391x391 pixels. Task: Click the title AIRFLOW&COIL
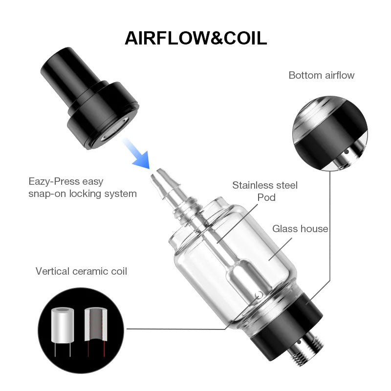[x=195, y=38]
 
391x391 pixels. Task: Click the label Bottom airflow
[x=321, y=75]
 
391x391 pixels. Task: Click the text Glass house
[x=300, y=228]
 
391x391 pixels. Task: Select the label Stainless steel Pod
[x=265, y=191]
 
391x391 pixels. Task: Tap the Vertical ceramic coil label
[x=81, y=271]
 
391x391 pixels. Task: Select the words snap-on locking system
[x=82, y=194]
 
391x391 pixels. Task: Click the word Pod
[x=266, y=197]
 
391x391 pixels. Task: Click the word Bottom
[x=304, y=75]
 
